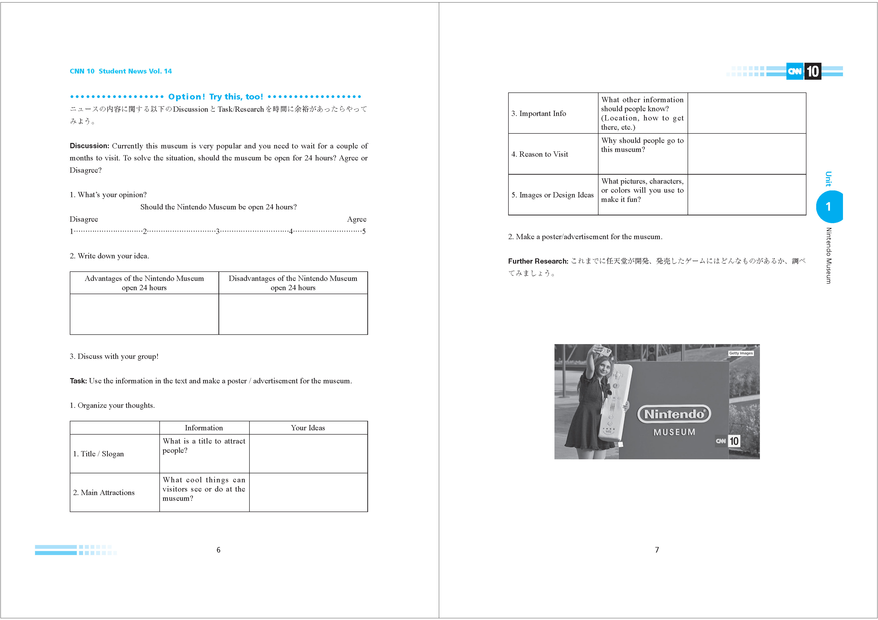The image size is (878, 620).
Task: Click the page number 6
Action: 218,550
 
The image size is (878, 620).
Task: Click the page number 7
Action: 657,550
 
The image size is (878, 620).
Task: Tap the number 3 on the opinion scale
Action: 218,231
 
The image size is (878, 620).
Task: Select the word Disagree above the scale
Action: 84,219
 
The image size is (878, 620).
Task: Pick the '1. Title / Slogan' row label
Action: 99,454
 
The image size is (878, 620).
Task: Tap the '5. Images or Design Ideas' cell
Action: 552,195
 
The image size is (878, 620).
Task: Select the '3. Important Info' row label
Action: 538,113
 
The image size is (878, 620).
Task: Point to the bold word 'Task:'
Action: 78,381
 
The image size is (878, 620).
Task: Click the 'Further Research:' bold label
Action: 538,261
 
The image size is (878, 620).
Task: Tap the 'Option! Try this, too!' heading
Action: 216,97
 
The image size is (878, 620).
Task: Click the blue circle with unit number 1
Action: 829,207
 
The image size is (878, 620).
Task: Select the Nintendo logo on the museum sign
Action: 674,414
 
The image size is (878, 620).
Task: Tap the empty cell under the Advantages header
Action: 144,314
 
